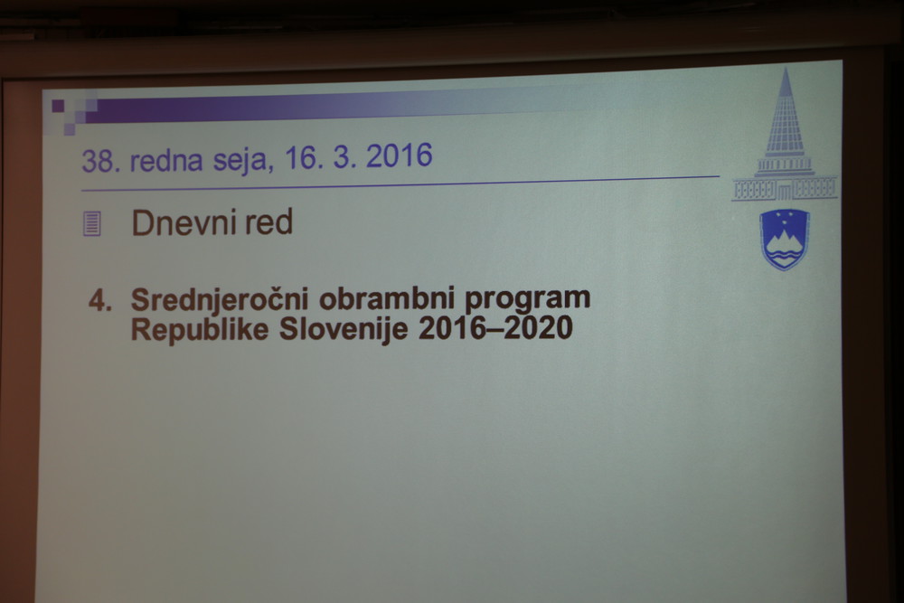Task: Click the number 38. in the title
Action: [x=101, y=161]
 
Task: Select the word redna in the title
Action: [x=166, y=160]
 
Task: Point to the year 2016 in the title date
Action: [x=399, y=155]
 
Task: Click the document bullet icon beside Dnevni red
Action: [x=92, y=223]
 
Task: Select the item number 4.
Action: [x=100, y=301]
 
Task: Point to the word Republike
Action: [x=200, y=330]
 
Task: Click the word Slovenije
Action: [x=344, y=330]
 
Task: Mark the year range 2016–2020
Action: [x=495, y=328]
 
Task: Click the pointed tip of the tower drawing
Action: [x=786, y=69]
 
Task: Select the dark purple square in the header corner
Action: [x=58, y=106]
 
